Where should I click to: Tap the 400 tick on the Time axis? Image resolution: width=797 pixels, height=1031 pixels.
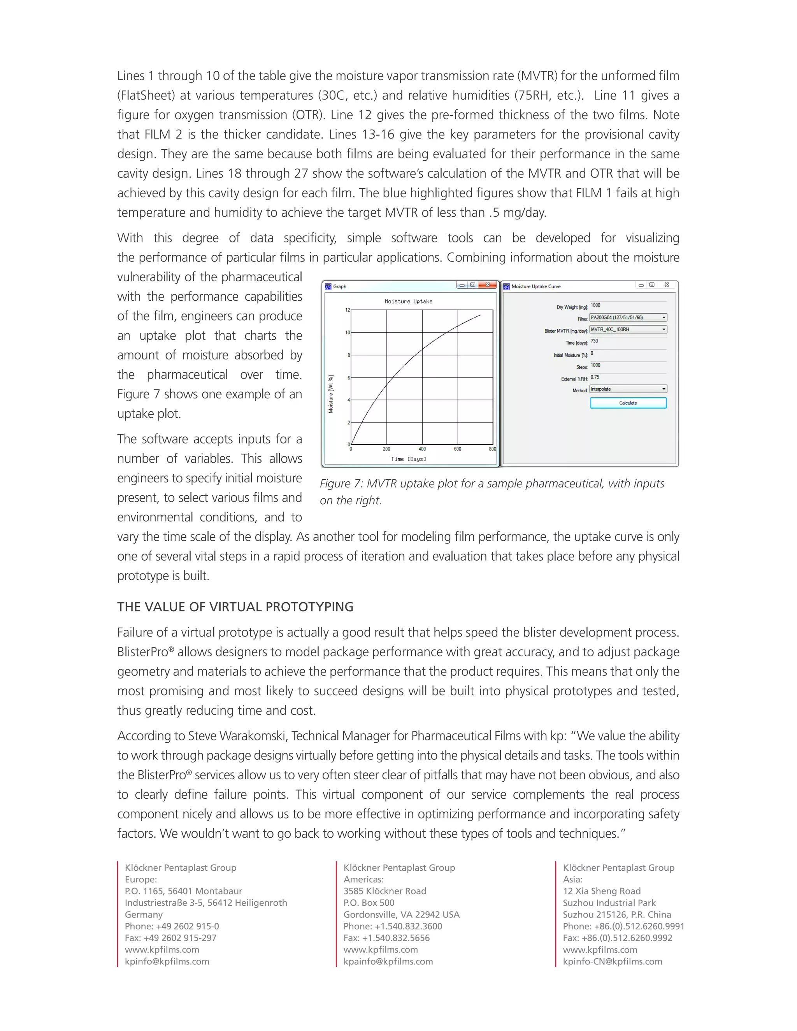(422, 449)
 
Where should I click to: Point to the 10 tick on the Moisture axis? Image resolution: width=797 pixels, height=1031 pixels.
(348, 333)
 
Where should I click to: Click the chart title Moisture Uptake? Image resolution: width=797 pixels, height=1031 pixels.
(408, 301)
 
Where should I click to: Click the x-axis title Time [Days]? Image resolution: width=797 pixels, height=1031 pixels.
(408, 459)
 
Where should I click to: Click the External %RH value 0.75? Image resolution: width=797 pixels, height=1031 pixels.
(595, 377)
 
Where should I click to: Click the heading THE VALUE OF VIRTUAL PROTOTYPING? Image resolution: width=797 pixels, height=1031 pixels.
(235, 607)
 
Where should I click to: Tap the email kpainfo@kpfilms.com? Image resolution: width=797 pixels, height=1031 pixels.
(388, 962)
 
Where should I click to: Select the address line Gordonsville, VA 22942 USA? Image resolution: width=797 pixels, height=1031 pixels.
(401, 914)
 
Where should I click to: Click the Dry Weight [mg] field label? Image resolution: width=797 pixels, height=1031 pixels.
(571, 307)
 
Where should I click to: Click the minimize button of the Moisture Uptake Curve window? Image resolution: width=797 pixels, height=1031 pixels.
(641, 285)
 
